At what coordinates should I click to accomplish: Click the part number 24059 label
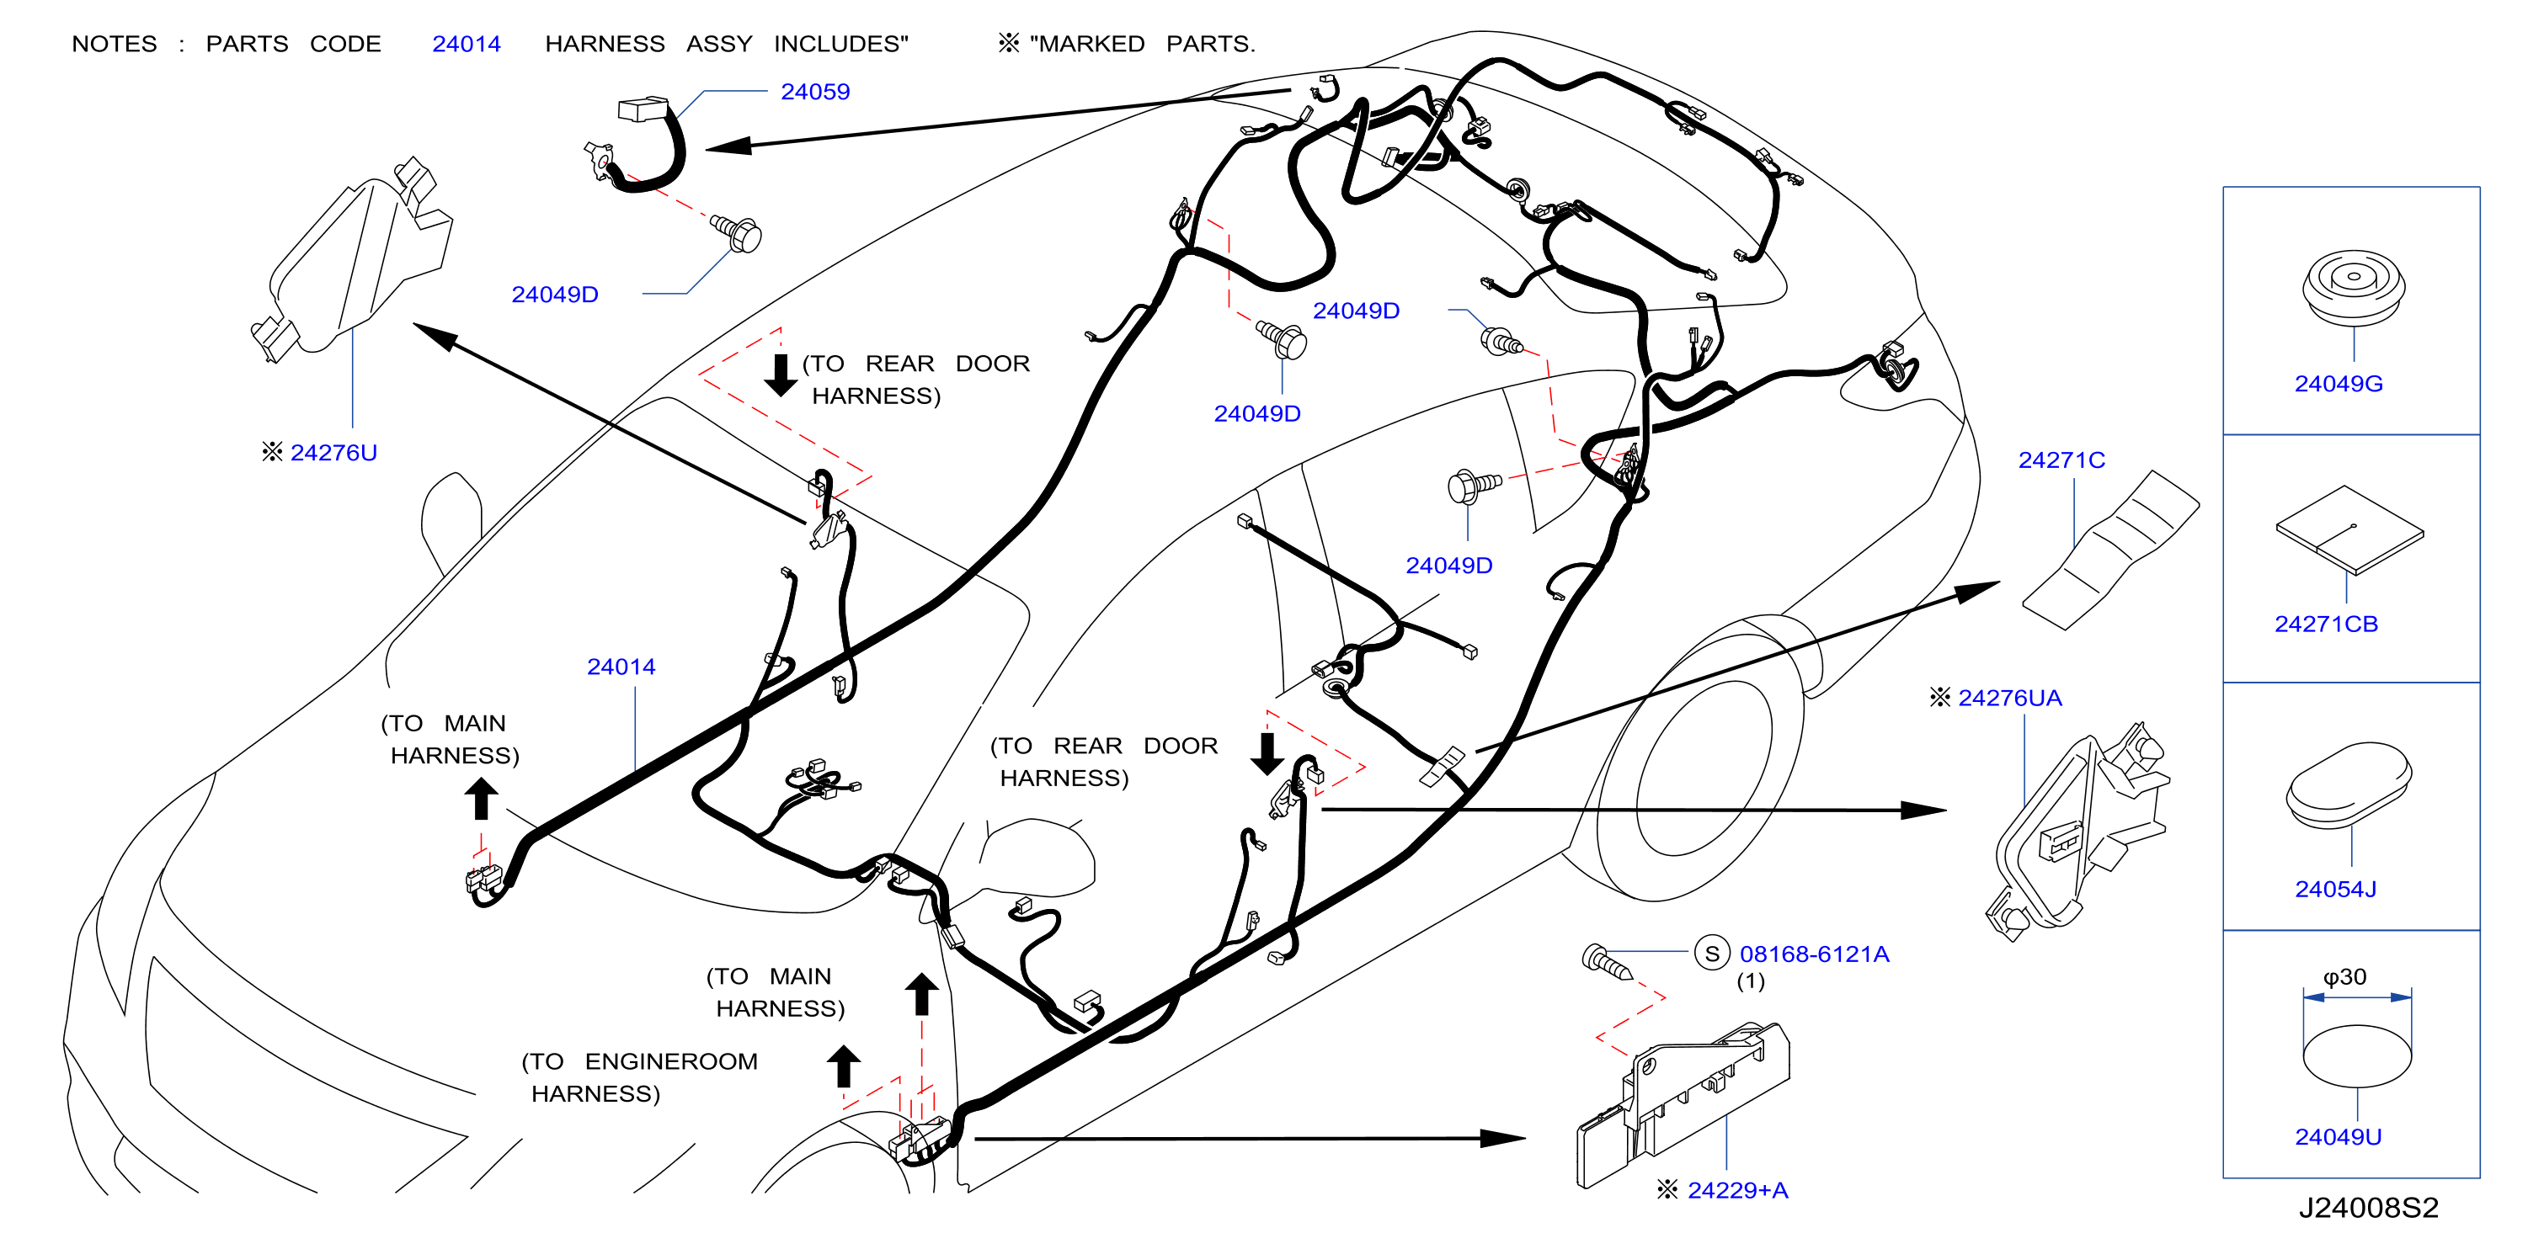tap(815, 92)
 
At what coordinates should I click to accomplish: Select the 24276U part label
tap(333, 452)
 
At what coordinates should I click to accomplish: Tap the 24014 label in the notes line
tap(467, 45)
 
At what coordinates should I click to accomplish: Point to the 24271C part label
tap(2061, 460)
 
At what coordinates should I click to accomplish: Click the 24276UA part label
tap(2010, 698)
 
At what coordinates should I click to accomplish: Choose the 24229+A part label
tap(1738, 1190)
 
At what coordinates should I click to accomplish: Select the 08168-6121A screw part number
tap(1814, 954)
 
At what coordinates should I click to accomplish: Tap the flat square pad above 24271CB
tap(2349, 530)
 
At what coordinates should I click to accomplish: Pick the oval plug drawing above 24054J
tap(2349, 786)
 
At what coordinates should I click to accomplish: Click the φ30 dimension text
tap(2344, 976)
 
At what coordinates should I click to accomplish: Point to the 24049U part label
tap(2338, 1136)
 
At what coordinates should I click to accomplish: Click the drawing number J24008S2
tap(2368, 1208)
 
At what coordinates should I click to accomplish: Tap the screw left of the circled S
tap(1607, 960)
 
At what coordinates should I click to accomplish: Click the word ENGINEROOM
tap(670, 1061)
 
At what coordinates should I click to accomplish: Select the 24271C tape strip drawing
tap(2110, 550)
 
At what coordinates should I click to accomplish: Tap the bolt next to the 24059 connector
tap(737, 233)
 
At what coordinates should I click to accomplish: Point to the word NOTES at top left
tap(115, 45)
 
